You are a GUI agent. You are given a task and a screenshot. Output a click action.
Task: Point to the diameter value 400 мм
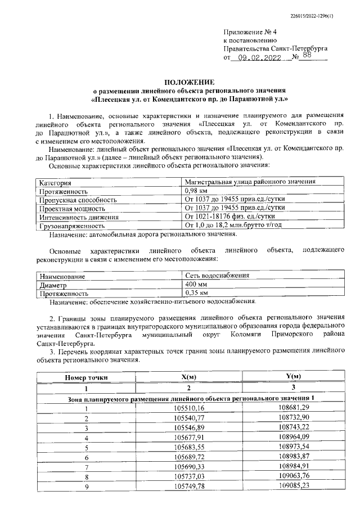coord(196,285)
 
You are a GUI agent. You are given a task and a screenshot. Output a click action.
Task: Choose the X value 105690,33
coord(189,466)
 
